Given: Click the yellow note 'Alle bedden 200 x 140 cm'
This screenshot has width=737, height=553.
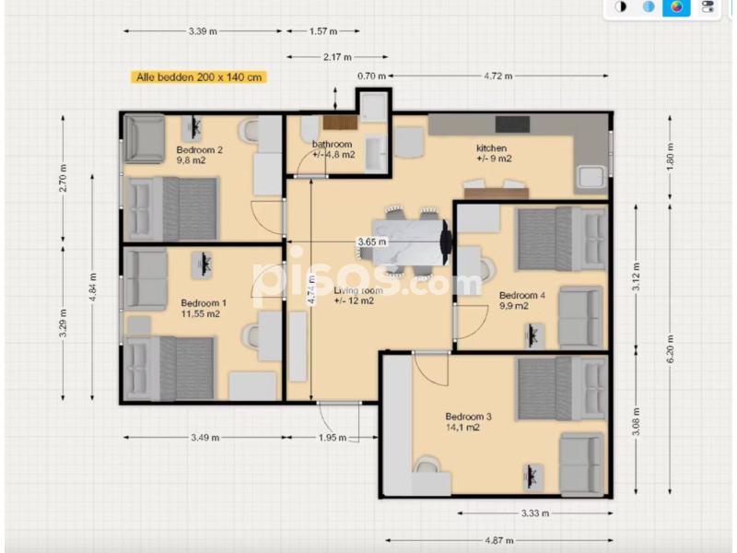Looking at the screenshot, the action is [x=199, y=77].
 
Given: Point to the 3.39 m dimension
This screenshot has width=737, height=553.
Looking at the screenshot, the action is [x=203, y=31].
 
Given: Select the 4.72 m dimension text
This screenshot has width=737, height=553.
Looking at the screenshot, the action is [x=498, y=76].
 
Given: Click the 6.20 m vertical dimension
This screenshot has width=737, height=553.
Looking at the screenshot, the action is [x=671, y=348].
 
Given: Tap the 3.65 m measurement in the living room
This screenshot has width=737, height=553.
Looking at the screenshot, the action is [x=372, y=242].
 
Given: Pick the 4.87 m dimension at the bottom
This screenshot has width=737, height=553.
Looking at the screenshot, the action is [x=499, y=540].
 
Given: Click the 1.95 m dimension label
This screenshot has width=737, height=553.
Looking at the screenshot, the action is [x=333, y=438].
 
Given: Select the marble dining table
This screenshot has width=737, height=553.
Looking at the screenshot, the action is [x=408, y=242].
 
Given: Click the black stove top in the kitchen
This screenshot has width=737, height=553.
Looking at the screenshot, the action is [x=512, y=124].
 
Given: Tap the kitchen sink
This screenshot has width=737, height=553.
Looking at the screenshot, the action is [x=593, y=177].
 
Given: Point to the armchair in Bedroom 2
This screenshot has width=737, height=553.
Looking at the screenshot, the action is [x=145, y=139].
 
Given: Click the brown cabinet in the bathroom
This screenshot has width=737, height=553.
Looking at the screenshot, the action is [x=340, y=124].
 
